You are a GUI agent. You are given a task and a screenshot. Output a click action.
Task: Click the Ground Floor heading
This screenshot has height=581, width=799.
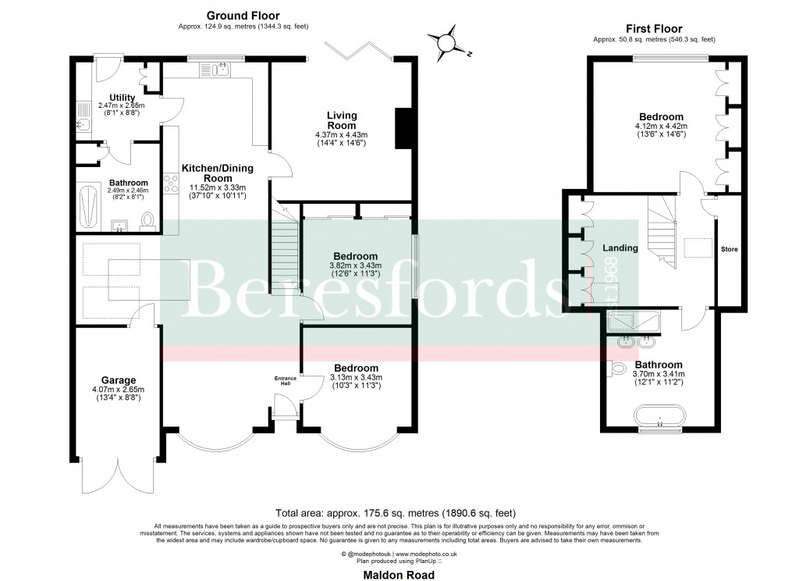coord(243,16)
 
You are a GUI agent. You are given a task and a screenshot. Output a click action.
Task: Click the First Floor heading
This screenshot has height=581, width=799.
coord(654,28)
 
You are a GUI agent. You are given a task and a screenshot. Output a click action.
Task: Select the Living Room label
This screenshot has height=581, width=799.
coord(342,121)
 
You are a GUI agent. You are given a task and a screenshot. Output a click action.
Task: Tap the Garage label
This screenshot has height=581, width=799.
coord(119,381)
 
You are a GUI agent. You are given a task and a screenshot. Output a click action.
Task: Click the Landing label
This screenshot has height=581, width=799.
coord(620,248)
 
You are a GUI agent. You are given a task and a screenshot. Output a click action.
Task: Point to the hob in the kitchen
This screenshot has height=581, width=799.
coord(170,184)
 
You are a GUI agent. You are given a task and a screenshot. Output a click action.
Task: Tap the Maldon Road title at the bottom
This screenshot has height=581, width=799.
coord(399,574)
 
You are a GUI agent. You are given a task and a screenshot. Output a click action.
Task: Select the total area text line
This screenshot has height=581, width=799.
coord(399,513)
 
